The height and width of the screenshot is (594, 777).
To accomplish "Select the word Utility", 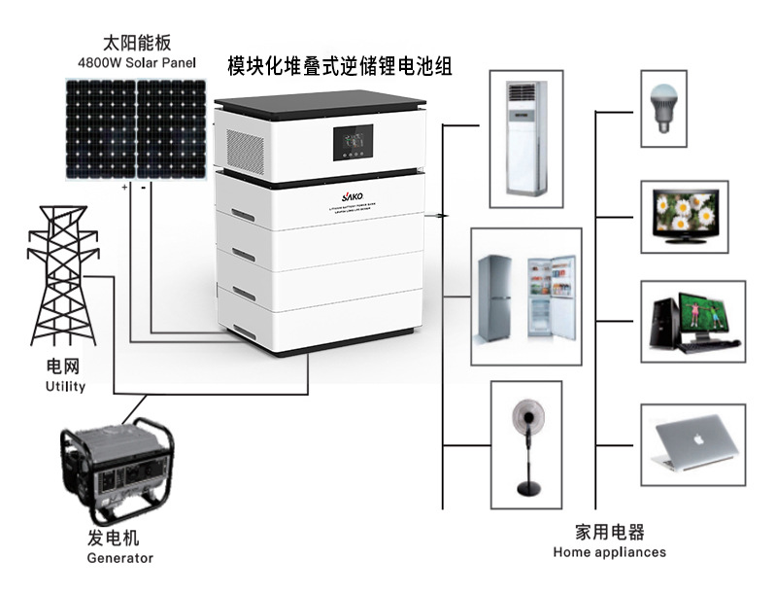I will pos(65,386).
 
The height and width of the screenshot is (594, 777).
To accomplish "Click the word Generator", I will pos(120,558).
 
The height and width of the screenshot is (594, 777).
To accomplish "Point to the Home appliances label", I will pos(609,552).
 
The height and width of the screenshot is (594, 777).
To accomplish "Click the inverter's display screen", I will pos(352,144).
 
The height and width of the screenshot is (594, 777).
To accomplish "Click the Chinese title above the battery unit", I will pos(340,67).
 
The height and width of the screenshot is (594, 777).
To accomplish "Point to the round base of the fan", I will pos(527,488).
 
